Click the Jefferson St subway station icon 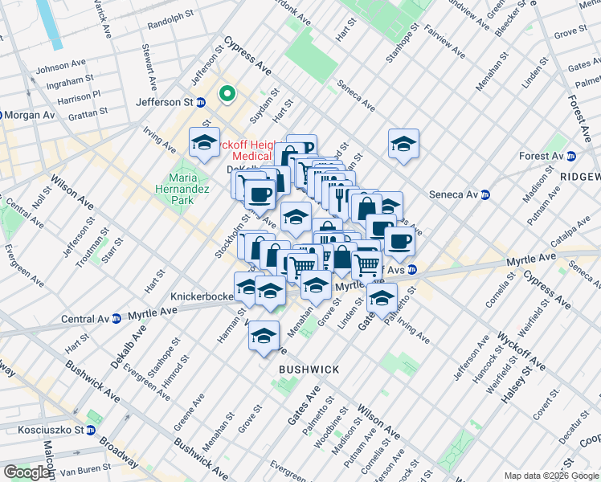201,102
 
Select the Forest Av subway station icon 571,156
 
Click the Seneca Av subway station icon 485,194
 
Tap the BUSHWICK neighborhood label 309,369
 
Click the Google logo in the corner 27,472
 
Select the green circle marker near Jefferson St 227,95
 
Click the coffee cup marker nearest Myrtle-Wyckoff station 399,240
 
